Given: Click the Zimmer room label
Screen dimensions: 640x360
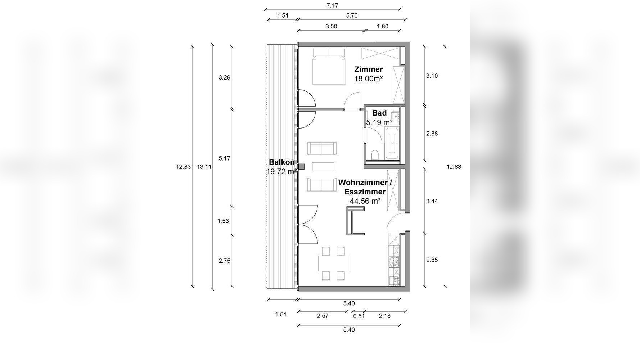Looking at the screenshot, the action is click(x=368, y=69).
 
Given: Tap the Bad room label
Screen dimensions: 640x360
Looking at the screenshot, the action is click(x=379, y=113).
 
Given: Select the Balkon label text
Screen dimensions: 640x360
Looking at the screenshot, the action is click(x=282, y=162).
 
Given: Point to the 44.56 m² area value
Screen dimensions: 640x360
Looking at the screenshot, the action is click(x=365, y=201).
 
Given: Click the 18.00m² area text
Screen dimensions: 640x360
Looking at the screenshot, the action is click(x=368, y=78).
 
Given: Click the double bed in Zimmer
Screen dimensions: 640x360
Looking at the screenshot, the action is click(x=329, y=67).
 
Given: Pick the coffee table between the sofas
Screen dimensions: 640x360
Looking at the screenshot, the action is click(x=323, y=167).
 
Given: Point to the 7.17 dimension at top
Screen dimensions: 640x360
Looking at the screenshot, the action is click(x=332, y=5).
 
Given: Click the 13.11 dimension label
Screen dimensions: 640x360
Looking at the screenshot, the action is click(x=204, y=167).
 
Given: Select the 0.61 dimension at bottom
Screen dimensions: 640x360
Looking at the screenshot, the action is click(x=359, y=316).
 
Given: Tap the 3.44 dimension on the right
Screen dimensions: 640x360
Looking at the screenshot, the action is click(x=432, y=201).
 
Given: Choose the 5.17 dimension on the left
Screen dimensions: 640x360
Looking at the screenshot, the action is click(x=224, y=158).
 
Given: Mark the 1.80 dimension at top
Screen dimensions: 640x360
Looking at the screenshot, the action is click(x=383, y=26).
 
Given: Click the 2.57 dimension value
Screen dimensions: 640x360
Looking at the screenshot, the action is click(x=323, y=316).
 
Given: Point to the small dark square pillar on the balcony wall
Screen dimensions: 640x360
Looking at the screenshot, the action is click(x=301, y=166).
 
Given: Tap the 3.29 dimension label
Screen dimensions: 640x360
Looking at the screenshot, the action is click(x=224, y=77).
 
